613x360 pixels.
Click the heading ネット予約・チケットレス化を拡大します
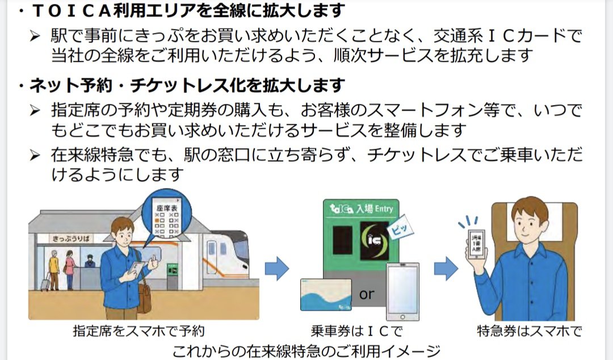click(187, 86)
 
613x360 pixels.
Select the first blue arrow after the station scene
click(276, 269)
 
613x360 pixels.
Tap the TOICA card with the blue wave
click(326, 294)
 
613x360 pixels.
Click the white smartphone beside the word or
click(402, 291)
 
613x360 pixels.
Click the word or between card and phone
click(367, 294)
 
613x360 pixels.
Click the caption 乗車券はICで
click(357, 330)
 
